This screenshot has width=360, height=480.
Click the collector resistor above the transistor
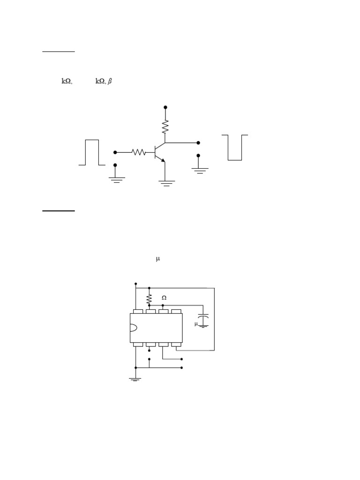165,127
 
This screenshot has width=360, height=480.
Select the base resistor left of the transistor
139,152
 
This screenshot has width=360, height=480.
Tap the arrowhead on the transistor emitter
163,160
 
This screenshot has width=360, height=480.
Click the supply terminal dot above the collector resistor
165,107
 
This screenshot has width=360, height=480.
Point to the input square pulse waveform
92,152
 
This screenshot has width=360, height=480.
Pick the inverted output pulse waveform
235,147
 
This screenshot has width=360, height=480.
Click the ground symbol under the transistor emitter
166,183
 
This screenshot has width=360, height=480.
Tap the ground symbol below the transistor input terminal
115,180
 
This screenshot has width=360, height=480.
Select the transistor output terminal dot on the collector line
198,142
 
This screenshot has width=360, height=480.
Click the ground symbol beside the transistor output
199,171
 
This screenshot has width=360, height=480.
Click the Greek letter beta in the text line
110,81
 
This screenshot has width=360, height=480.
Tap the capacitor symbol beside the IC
203,320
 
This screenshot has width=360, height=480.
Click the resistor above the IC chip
149,298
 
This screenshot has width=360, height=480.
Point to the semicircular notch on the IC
133,328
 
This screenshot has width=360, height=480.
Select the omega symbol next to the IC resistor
164,298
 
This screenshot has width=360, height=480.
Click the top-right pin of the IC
176,311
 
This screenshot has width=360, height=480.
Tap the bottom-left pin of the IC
138,345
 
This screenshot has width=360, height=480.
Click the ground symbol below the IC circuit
135,378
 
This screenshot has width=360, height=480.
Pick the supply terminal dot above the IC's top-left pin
136,284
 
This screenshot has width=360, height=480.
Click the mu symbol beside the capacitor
196,324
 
